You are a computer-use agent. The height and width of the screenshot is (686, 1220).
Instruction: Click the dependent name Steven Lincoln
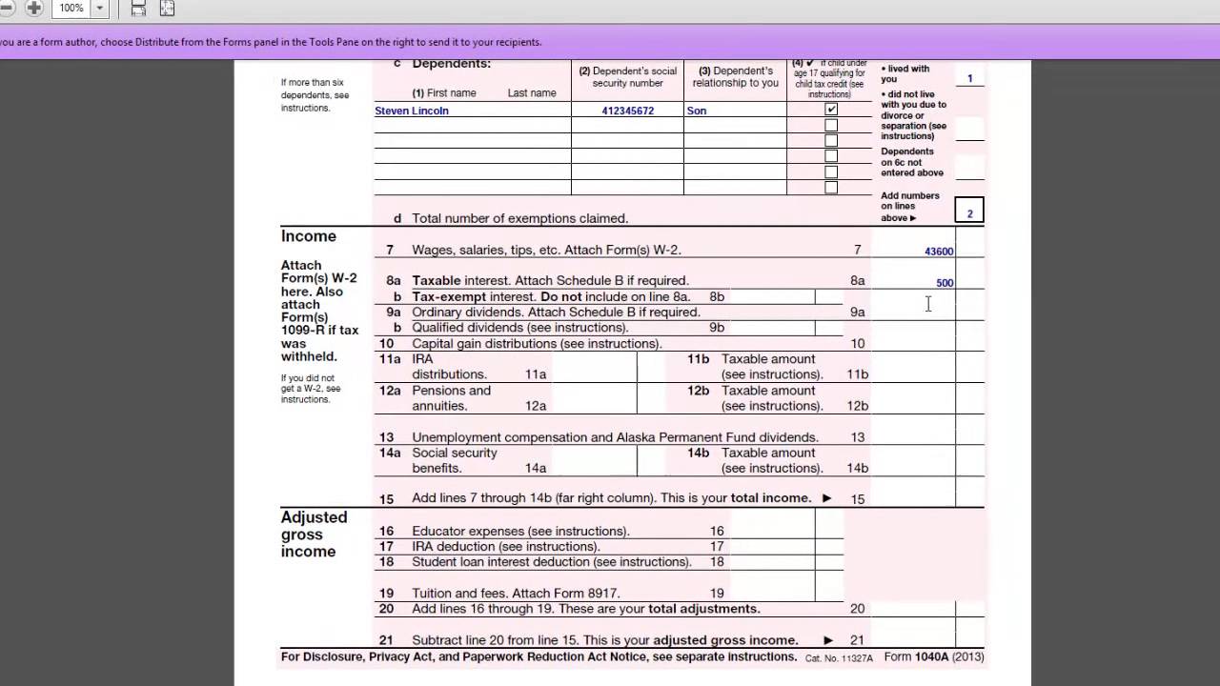[412, 111]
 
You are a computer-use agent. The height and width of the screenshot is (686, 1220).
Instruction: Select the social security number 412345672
[627, 111]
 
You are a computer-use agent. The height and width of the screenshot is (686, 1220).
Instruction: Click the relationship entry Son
[697, 111]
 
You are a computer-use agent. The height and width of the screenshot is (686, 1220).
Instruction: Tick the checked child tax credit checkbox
[831, 110]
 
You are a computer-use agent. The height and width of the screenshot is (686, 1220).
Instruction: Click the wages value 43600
[939, 252]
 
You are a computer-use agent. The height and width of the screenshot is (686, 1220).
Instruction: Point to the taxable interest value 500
[944, 283]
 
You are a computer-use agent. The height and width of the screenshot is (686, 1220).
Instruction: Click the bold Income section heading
[308, 236]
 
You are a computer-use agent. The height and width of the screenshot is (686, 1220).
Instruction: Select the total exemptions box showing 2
[969, 212]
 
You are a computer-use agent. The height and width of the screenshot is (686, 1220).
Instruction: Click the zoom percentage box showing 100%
[71, 9]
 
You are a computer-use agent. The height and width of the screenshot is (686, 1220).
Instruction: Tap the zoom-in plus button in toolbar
[34, 9]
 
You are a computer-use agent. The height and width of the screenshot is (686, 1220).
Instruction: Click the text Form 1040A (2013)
[933, 656]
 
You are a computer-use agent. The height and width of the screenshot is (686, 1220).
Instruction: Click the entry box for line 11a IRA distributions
[594, 367]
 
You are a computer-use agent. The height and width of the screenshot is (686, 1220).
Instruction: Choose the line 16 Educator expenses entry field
[772, 531]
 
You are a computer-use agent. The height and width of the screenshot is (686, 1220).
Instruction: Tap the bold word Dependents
[451, 64]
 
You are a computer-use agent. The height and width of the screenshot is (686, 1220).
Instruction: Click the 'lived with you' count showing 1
[969, 78]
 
